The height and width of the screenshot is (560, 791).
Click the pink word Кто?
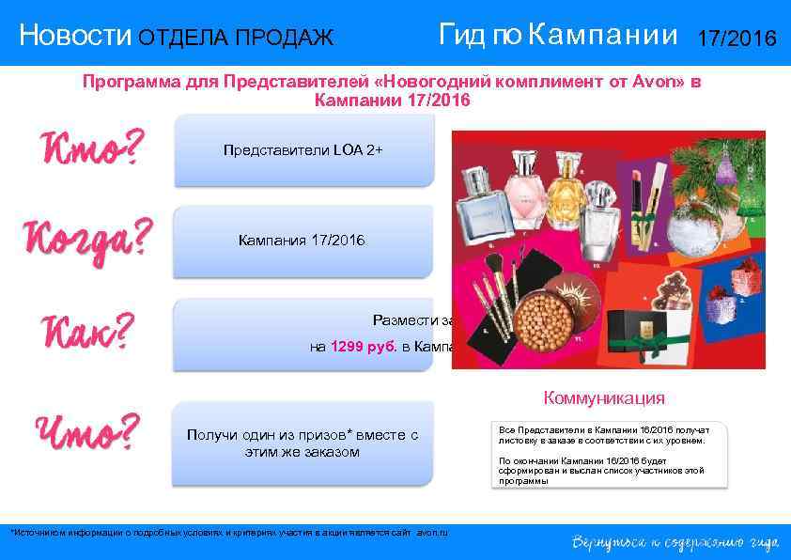tap(91, 148)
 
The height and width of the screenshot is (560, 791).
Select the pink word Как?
tap(86, 332)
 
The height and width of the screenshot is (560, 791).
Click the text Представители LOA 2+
tap(303, 149)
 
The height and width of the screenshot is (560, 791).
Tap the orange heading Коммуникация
tap(604, 397)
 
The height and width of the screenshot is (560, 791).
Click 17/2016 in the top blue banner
tap(737, 39)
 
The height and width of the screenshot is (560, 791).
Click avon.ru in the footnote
tap(431, 533)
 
